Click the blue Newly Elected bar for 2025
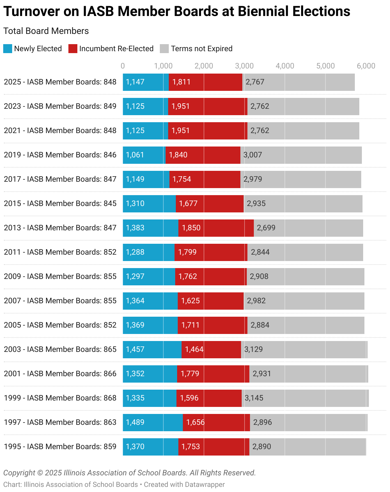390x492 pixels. (146, 82)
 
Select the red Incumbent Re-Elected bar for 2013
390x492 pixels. (216, 228)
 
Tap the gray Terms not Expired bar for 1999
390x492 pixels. (305, 398)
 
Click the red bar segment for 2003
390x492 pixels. (211, 350)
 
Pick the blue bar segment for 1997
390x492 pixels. (153, 423)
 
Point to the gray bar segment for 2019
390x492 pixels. (301, 155)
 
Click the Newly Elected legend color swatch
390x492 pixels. (8, 49)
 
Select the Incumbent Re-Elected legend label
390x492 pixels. (116, 49)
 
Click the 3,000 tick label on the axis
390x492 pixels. (244, 66)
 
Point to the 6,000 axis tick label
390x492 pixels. (366, 66)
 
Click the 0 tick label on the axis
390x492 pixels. (123, 66)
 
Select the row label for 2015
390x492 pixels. (60, 203)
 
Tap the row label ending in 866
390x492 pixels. (60, 374)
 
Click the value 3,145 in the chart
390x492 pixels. (254, 398)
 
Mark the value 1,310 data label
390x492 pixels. (135, 203)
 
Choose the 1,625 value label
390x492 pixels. (191, 301)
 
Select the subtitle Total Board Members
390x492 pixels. (46, 31)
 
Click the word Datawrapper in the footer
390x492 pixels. (205, 484)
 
